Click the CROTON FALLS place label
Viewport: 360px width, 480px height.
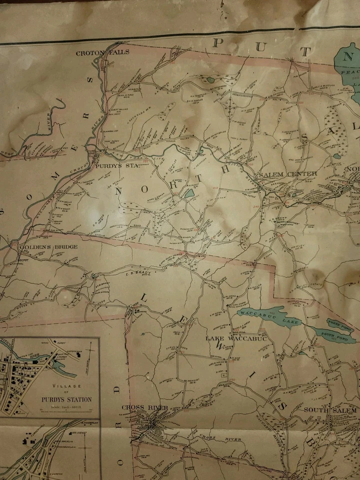102,52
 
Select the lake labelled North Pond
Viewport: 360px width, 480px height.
339,322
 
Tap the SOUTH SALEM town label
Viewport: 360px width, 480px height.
330,410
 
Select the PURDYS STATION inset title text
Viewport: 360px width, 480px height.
66,399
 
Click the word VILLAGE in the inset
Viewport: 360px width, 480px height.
66,386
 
